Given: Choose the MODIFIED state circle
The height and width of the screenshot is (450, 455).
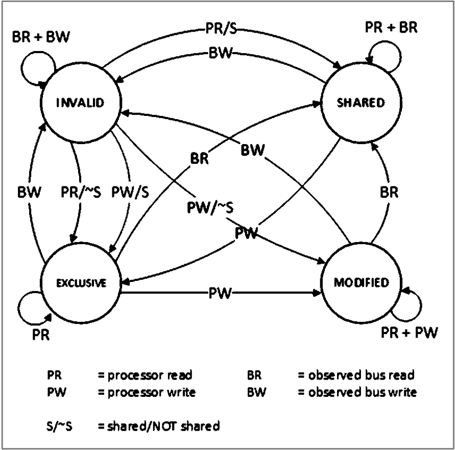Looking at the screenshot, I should tap(361, 282).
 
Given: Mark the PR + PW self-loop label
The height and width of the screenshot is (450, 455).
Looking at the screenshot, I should tap(410, 333).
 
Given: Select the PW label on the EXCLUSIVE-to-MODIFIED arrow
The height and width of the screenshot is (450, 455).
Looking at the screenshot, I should tap(221, 294).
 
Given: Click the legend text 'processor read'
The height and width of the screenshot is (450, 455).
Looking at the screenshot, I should tap(146, 375).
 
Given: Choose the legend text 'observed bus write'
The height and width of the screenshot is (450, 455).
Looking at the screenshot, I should tap(357, 392).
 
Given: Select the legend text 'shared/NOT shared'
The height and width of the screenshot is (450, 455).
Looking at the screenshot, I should tap(159, 426).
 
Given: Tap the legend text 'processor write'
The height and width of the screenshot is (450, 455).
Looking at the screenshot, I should tap(147, 392).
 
